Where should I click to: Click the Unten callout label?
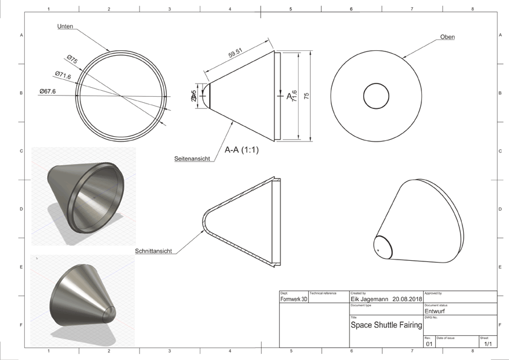point(66,27)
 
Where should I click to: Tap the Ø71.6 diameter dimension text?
point(62,76)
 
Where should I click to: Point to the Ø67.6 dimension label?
point(47,91)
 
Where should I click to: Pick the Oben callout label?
point(447,38)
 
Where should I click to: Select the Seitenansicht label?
point(192,159)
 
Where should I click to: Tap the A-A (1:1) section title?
point(241,150)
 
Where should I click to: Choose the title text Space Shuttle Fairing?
point(386,325)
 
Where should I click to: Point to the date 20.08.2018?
point(406,299)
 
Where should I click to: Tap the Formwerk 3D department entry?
point(294,299)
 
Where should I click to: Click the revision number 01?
point(429,344)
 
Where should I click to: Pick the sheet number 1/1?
point(488,344)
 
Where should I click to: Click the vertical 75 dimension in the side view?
point(306,97)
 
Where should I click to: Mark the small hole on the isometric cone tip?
point(378,249)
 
